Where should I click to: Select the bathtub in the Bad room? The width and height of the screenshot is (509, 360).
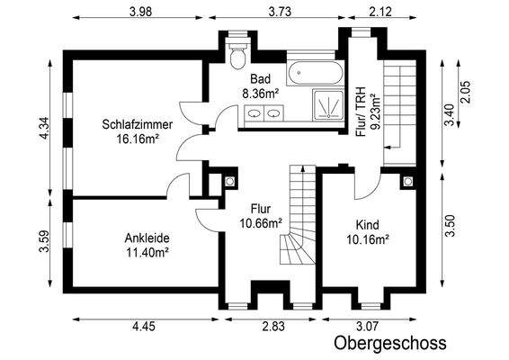(x=313, y=73)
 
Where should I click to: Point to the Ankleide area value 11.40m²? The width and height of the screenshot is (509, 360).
(x=147, y=253)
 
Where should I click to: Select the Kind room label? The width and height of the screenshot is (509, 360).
(x=368, y=225)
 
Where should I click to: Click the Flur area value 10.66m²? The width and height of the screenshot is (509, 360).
(x=261, y=223)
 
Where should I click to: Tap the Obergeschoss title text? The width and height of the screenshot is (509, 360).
(x=389, y=343)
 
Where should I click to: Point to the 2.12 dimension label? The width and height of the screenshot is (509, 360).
(x=381, y=11)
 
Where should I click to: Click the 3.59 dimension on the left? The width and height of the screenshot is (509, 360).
(x=41, y=244)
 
